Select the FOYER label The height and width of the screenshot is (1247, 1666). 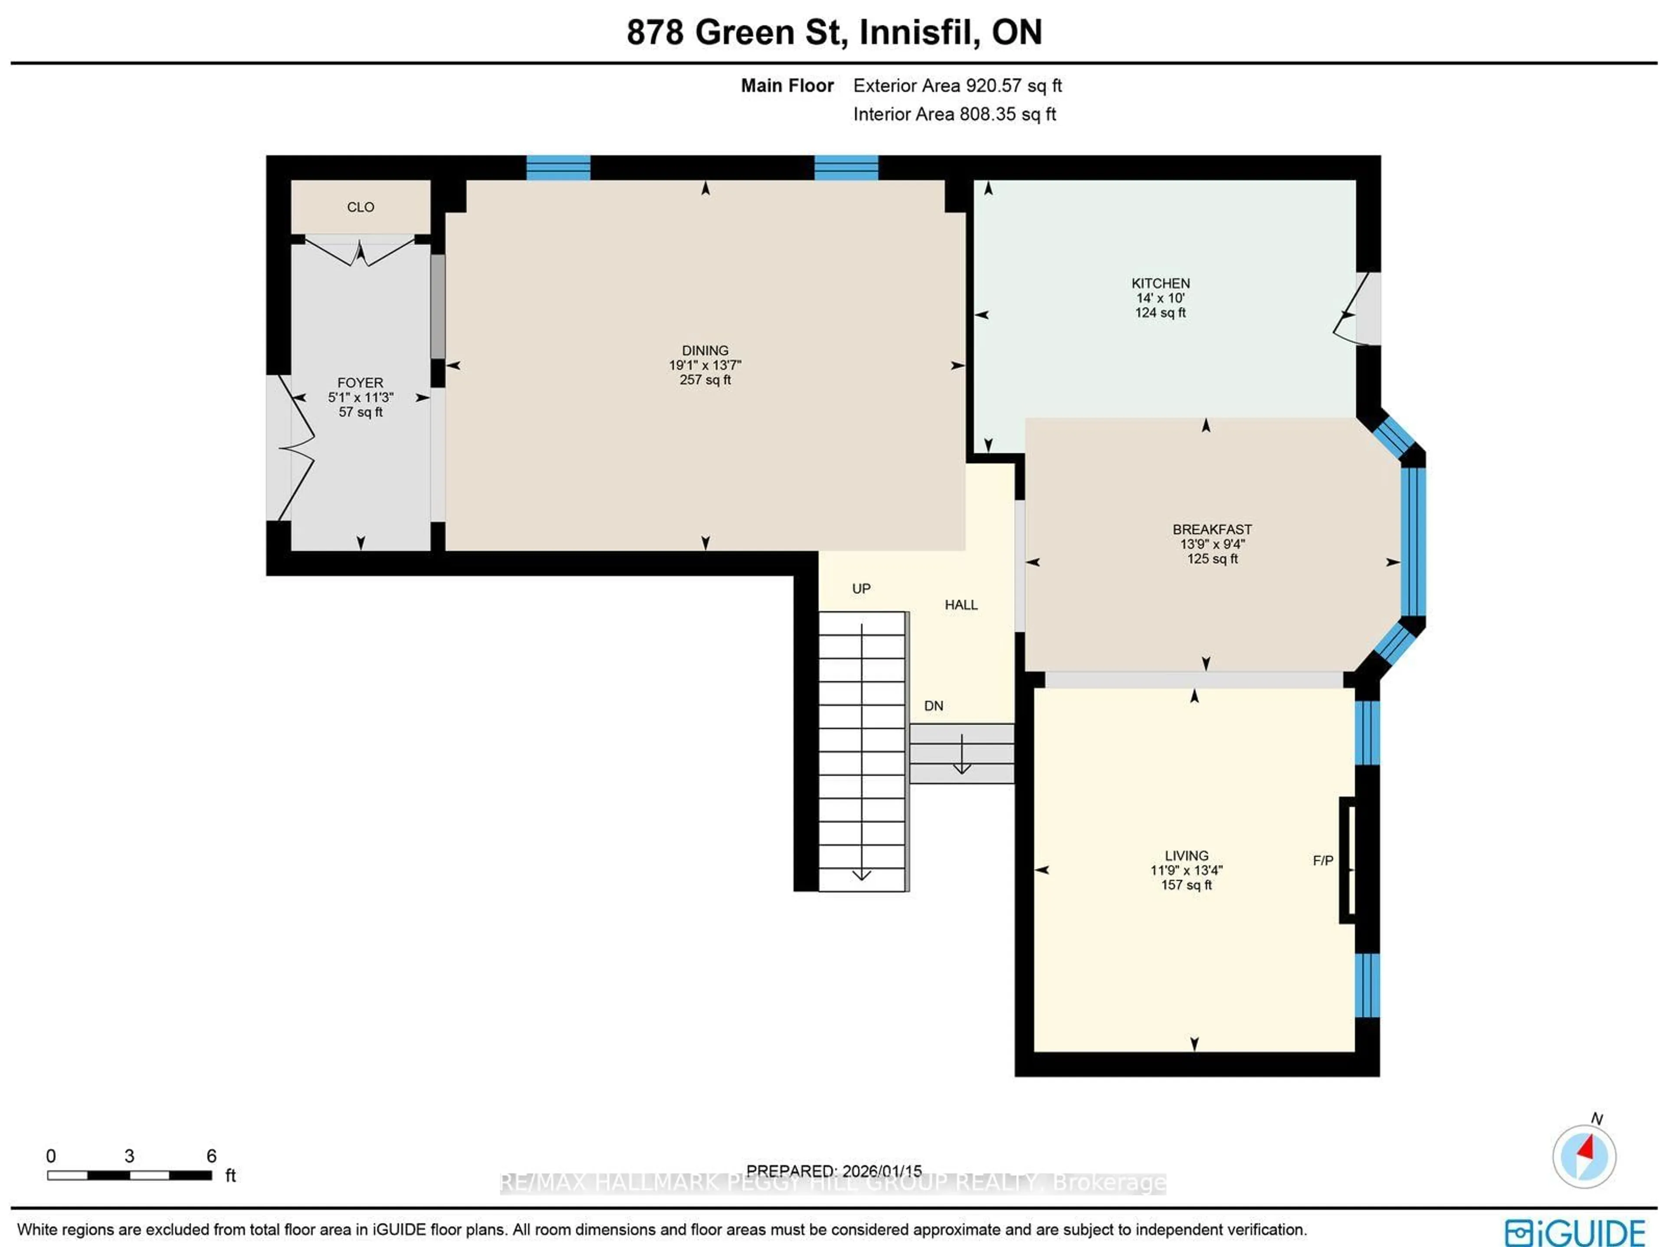tap(360, 383)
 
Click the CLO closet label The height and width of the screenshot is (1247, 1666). tap(360, 207)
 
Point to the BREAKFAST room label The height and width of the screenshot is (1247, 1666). tap(1212, 529)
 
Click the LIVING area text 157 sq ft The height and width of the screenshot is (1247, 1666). tap(1186, 885)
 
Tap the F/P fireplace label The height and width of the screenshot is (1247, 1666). tap(1322, 861)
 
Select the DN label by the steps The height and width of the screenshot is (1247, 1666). tap(933, 706)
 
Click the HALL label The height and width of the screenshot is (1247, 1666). tap(961, 605)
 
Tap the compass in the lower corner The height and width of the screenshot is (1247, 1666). tap(1584, 1156)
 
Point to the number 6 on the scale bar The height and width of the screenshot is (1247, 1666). tap(212, 1156)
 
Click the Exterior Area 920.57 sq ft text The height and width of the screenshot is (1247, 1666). tap(957, 86)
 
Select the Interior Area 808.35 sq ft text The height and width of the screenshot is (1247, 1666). tap(954, 115)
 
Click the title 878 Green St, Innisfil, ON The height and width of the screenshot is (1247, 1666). tap(834, 33)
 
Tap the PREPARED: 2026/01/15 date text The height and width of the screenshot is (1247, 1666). tap(834, 1171)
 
